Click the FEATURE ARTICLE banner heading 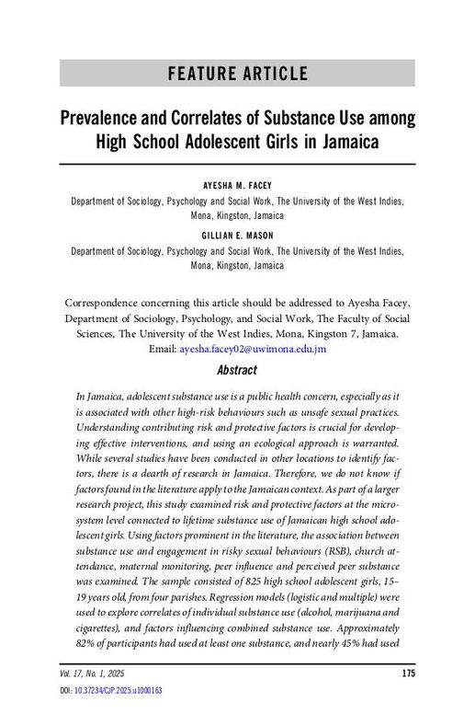[237, 75]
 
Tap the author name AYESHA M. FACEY [237, 184]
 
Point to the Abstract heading [237, 371]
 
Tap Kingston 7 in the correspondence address [329, 334]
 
